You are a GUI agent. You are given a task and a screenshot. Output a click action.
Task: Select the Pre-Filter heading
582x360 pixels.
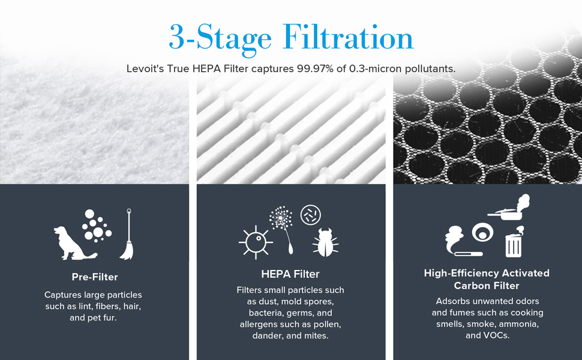[x=95, y=277]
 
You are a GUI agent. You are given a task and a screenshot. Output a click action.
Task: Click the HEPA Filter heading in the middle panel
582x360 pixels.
[x=290, y=274]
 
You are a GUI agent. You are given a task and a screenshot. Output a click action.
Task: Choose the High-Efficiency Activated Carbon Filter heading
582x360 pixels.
[x=487, y=279]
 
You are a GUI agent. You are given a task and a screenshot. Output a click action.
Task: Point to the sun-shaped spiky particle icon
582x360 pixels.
[x=256, y=242]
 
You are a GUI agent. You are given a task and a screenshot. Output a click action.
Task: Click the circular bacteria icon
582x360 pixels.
[x=310, y=214]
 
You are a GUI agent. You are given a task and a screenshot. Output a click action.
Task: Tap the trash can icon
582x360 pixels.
[x=514, y=242]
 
